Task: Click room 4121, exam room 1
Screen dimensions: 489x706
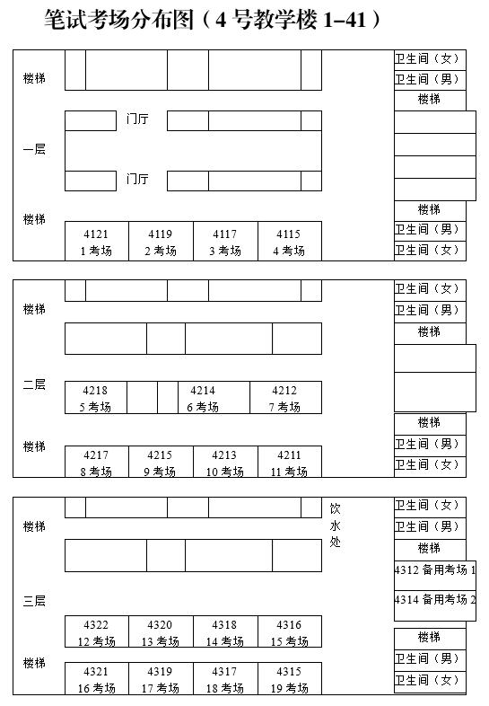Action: (96, 242)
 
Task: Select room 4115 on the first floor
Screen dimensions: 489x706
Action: (289, 242)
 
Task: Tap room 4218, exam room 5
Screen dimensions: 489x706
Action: (95, 398)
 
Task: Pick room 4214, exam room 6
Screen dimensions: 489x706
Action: (203, 398)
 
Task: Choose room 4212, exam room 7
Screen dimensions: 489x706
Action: (284, 398)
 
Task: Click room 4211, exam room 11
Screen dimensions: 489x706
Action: (289, 462)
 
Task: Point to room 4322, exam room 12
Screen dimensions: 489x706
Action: (96, 632)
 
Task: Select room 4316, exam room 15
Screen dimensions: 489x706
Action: (289, 632)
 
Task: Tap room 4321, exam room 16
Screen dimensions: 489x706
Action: (96, 679)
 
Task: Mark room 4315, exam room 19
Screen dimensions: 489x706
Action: (289, 679)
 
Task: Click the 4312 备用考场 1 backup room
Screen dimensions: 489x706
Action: (435, 570)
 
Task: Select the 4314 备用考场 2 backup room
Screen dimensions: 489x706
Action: (435, 600)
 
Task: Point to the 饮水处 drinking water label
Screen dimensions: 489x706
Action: (335, 525)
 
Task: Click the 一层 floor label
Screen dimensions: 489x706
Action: (34, 149)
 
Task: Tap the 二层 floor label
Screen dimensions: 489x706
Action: (34, 384)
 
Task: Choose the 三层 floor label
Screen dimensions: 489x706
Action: (34, 600)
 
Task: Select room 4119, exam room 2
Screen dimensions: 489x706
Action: (161, 242)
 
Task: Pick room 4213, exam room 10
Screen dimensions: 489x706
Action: (224, 462)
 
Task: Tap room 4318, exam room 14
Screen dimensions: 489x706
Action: (224, 632)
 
